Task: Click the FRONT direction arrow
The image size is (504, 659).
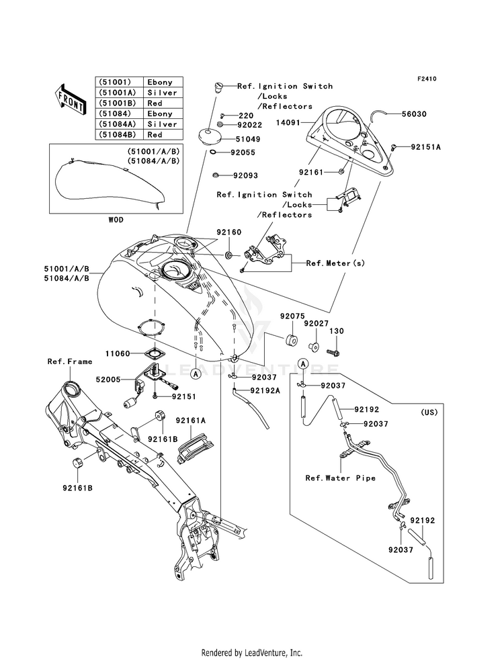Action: coord(71,99)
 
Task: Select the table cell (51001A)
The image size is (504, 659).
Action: coord(119,93)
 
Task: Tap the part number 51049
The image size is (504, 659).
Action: coord(249,139)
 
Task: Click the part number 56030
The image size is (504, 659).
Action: coord(415,114)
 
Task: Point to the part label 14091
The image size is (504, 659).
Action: coord(288,123)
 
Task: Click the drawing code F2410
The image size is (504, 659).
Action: coord(427,79)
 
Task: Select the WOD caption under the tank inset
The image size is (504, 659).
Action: coord(116,220)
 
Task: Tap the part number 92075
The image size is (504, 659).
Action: coord(292,316)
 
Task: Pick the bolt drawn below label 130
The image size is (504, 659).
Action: coord(335,351)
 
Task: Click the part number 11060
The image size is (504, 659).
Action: coord(118,354)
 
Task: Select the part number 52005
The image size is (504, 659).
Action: coord(108,380)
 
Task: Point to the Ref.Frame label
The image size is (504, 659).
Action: coord(70,361)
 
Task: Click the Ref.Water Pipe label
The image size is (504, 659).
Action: coord(341,478)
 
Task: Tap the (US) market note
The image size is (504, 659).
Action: coord(429,412)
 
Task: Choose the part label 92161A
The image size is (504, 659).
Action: coord(191,420)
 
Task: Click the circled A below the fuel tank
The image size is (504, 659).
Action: coord(196,374)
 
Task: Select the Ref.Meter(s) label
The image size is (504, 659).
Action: coord(335,263)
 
